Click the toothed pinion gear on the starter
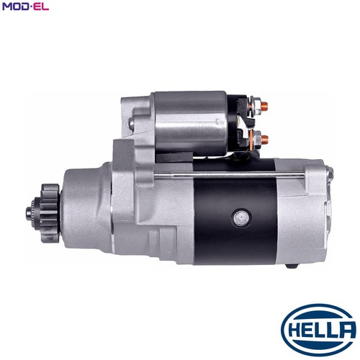point(49,213)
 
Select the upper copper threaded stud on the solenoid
point(264,105)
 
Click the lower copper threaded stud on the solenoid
point(265,139)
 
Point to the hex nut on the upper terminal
point(256,106)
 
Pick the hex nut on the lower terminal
point(256,139)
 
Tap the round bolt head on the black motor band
point(241,218)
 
